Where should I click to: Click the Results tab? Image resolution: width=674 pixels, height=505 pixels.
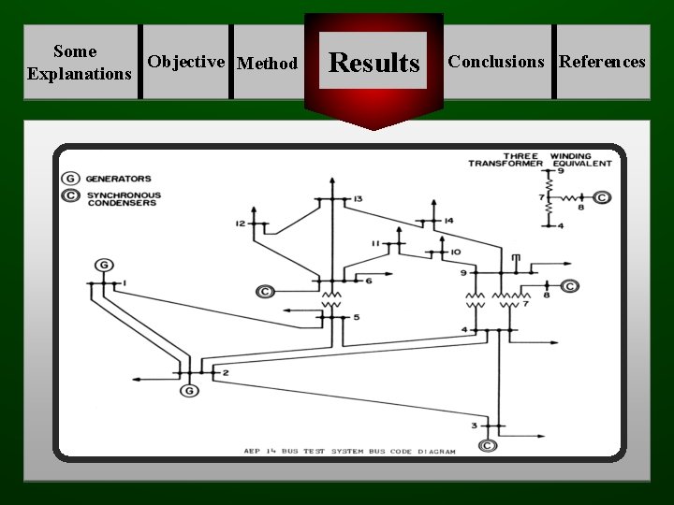point(374,63)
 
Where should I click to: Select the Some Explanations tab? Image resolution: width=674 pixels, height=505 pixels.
point(80,62)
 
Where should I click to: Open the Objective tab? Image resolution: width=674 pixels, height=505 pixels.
point(186,62)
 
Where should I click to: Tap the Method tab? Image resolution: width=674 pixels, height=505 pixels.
point(268,64)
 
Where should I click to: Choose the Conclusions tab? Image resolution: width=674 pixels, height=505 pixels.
point(496,62)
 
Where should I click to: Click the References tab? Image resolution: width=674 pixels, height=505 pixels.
point(602,62)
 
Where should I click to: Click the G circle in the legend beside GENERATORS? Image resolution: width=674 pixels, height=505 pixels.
point(70,179)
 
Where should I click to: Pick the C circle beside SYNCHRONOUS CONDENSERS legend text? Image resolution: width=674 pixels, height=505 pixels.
point(70,195)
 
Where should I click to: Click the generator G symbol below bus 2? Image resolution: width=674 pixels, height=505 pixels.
point(190,390)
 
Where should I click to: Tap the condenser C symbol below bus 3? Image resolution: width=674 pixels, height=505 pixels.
point(488,445)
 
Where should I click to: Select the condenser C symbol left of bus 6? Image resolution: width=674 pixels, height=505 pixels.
point(265,292)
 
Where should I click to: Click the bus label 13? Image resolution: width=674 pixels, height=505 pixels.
point(358,199)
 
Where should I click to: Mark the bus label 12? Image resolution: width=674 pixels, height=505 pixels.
point(241,224)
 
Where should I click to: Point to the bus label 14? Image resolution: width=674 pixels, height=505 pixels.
point(448,221)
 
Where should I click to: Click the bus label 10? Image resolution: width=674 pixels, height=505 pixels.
point(456,252)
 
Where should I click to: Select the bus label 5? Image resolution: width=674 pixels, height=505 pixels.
point(356,319)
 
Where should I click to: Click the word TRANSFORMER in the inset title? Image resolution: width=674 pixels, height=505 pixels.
point(505,164)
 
